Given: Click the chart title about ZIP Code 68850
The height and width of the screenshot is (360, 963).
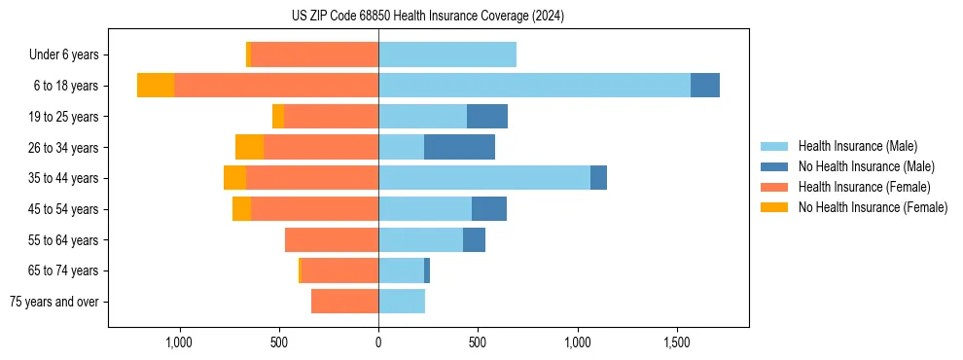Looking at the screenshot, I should click(x=427, y=16).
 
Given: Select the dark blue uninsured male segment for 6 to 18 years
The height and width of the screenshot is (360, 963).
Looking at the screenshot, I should click(x=705, y=86).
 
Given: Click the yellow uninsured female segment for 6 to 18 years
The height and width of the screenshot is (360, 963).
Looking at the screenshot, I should click(x=156, y=86).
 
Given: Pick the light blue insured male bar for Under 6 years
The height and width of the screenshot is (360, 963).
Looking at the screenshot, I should click(x=447, y=54).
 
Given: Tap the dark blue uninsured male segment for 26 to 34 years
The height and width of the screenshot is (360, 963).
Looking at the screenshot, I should click(x=459, y=147).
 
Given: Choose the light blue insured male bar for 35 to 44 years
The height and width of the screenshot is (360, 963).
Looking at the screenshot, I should click(x=484, y=178).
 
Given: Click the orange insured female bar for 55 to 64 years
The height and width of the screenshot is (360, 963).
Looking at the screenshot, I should click(x=332, y=239).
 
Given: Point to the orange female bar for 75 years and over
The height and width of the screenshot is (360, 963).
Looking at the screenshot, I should click(x=344, y=302).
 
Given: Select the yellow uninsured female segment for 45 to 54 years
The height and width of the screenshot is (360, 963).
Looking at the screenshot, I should click(x=241, y=209).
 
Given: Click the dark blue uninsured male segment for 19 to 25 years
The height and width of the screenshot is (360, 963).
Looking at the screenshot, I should click(x=487, y=117).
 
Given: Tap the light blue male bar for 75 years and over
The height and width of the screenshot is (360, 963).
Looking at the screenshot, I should click(x=402, y=302).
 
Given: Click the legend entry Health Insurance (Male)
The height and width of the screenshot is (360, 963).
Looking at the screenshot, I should click(x=857, y=146).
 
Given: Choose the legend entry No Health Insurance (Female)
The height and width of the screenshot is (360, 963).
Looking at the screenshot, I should click(x=873, y=207).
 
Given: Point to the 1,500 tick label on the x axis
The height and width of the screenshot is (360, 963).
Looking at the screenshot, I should click(x=677, y=342).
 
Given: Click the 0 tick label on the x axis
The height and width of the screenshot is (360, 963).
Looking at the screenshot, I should click(x=378, y=342).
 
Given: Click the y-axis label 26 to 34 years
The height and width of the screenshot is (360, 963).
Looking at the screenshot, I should click(x=63, y=147).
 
